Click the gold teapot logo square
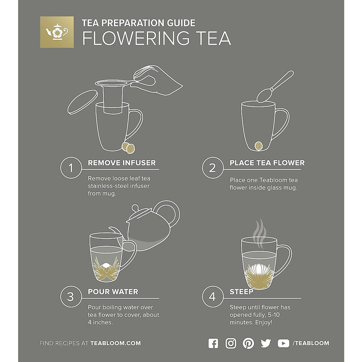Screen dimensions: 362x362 point(57,32)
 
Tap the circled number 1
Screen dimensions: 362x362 point(71,168)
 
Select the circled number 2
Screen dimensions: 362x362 point(212,168)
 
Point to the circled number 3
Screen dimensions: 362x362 point(71,297)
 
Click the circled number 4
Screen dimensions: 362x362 point(212,297)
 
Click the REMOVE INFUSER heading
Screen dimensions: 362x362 point(122,163)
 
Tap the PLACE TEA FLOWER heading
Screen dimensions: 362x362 point(267,163)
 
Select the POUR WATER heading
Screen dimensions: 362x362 point(113,292)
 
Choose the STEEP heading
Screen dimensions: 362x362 point(241,292)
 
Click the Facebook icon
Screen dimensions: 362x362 point(213,343)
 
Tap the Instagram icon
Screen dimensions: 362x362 point(231,343)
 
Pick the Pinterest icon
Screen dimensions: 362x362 point(248,343)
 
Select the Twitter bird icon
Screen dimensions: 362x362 point(266,343)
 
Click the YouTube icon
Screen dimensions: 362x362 point(283,343)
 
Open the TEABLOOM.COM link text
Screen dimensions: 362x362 point(116,343)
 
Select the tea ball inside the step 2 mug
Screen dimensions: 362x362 point(259,146)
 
